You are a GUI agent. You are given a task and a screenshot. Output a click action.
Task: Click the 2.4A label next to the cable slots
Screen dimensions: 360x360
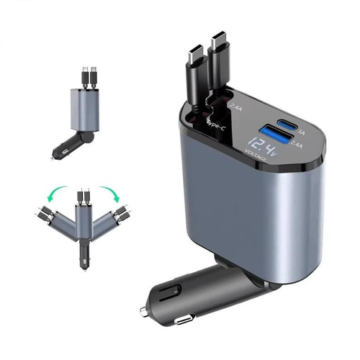pos(234,107)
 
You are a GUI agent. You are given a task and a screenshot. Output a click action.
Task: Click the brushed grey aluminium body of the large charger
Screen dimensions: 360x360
pos(238,216)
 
